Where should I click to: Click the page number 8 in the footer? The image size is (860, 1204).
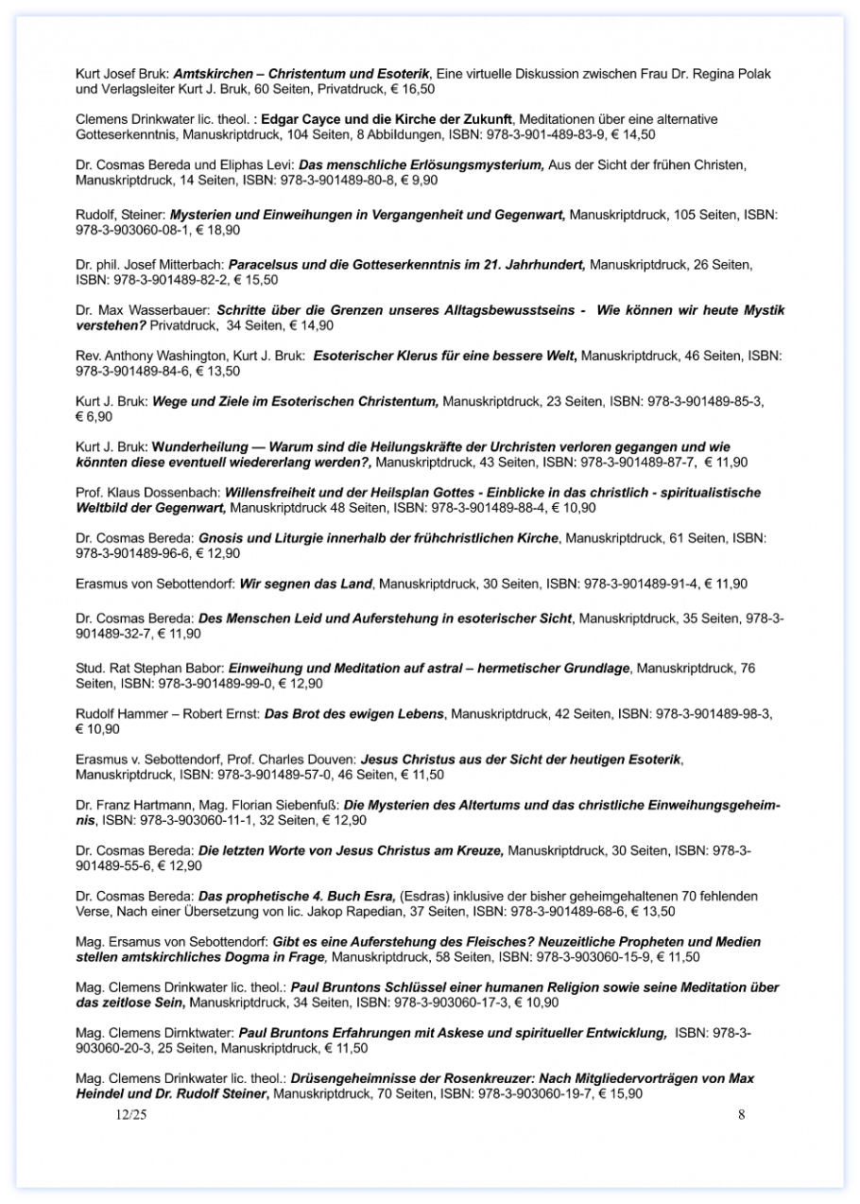click(742, 1114)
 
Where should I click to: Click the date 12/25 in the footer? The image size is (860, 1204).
click(131, 1115)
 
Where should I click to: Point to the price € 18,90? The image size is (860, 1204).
click(217, 230)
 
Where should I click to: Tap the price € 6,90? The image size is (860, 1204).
click(95, 416)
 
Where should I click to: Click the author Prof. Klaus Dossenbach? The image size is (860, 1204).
click(146, 493)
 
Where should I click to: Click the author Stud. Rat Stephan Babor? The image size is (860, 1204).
click(149, 668)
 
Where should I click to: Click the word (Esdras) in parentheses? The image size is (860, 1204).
click(425, 896)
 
